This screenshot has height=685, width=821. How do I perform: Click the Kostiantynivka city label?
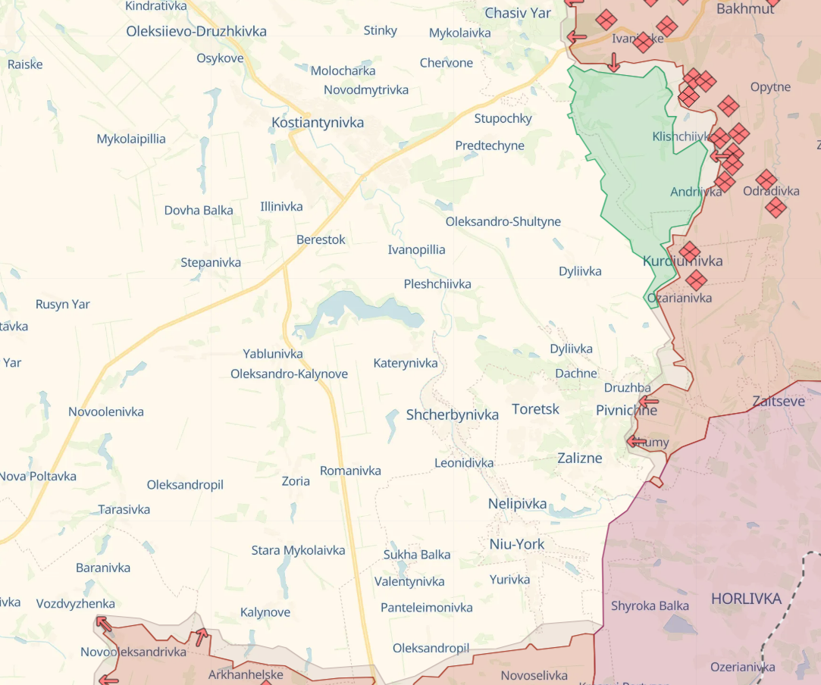[318, 123]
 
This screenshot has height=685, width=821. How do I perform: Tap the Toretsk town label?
[535, 409]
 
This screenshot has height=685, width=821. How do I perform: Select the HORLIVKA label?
[746, 599]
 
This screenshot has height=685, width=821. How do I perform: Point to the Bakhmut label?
[745, 9]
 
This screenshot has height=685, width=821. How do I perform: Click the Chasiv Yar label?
[518, 13]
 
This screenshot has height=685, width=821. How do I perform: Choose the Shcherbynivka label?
[453, 414]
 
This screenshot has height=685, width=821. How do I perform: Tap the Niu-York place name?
[517, 544]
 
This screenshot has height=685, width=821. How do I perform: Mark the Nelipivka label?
[518, 504]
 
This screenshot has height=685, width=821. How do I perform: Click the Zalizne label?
[580, 458]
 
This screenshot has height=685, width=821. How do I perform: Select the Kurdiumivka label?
[682, 261]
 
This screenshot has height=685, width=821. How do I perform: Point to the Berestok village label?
[321, 239]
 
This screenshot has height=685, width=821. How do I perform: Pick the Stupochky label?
[503, 118]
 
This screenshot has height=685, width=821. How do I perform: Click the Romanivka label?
[350, 471]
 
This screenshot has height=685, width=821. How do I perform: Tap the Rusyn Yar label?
[63, 305]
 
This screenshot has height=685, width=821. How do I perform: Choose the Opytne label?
[770, 87]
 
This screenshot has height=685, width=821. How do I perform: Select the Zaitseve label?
[779, 402]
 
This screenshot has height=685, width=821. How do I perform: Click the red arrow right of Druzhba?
[648, 402]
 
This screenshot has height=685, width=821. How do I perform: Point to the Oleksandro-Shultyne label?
[503, 222]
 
